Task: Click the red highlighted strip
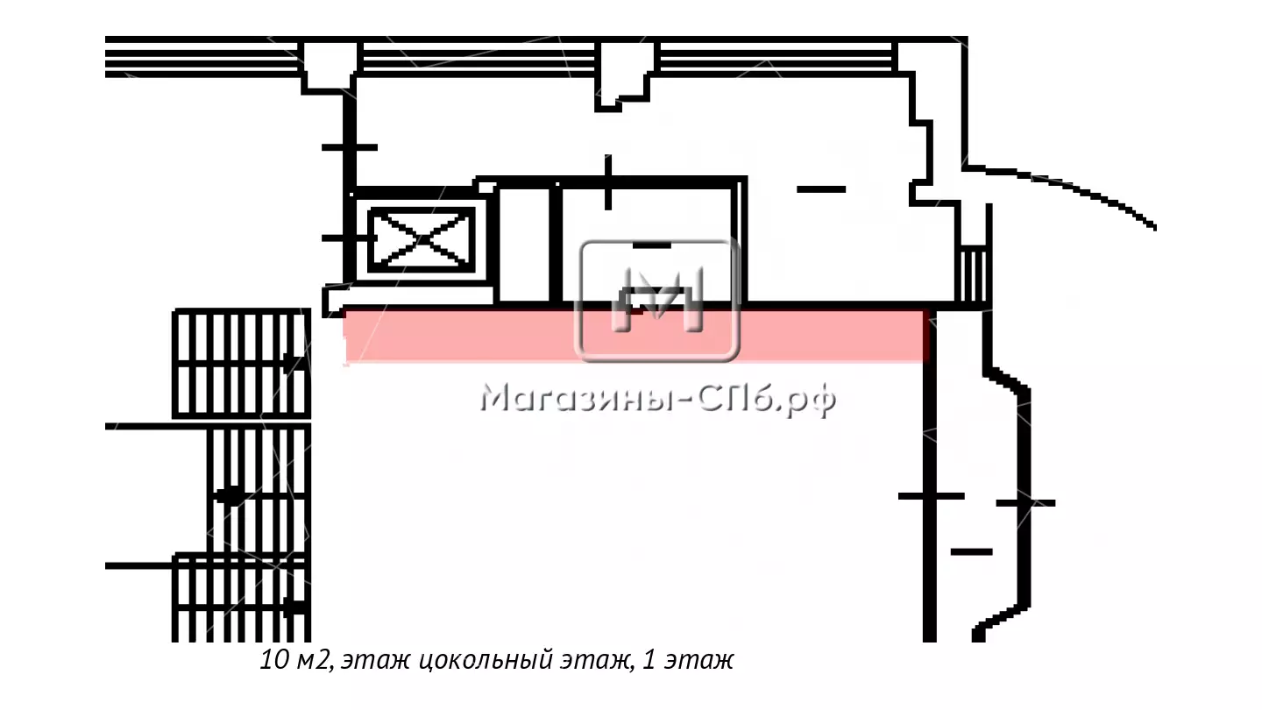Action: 636,336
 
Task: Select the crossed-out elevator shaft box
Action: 422,239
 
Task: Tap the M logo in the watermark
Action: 657,300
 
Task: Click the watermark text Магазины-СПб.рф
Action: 658,399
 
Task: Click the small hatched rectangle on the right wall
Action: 974,276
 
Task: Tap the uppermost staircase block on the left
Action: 242,364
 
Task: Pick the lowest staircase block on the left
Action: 242,598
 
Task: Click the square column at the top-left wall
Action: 330,65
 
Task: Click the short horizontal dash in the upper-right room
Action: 821,189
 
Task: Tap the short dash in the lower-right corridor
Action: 971,551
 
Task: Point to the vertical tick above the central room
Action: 608,182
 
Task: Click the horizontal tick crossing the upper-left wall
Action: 350,147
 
